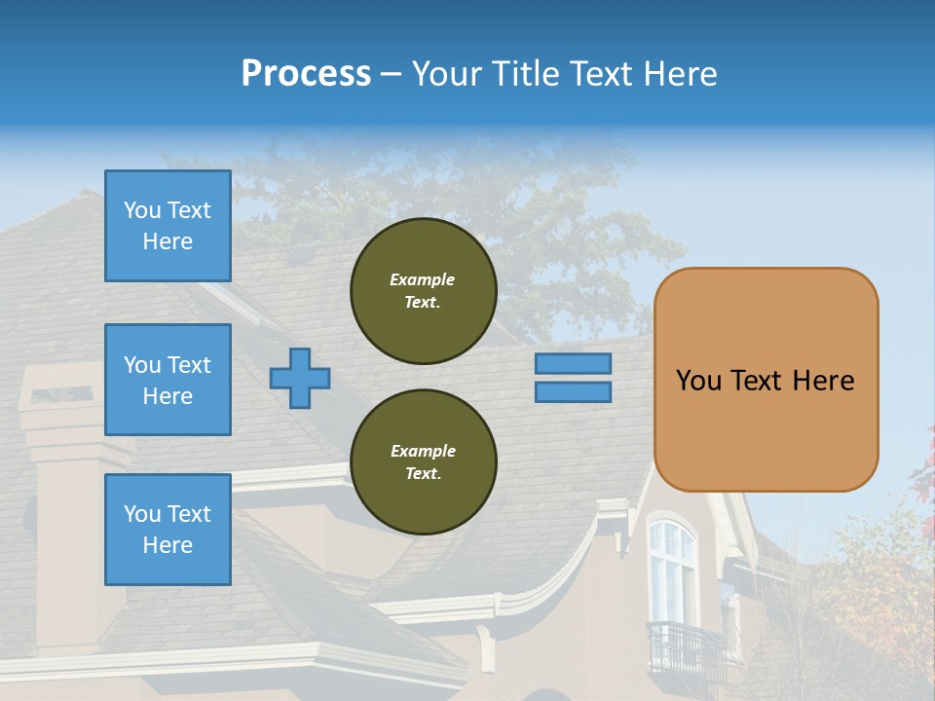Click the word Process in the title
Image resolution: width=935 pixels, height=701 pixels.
tap(306, 74)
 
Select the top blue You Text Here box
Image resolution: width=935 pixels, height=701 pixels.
tap(168, 226)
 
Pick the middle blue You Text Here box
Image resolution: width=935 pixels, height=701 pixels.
tap(168, 380)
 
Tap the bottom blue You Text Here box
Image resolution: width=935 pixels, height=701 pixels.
tap(168, 530)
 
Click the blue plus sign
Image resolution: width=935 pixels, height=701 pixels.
tap(300, 378)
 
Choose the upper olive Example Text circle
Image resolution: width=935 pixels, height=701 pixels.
tap(423, 291)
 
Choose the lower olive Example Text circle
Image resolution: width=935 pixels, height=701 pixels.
tap(423, 462)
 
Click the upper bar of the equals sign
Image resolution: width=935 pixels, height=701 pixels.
tap(573, 364)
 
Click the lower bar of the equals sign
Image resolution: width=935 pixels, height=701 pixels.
tap(573, 391)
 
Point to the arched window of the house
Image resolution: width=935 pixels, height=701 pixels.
tap(672, 570)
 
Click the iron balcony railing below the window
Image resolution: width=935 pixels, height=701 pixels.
tap(686, 648)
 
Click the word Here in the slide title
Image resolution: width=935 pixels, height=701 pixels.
tap(678, 74)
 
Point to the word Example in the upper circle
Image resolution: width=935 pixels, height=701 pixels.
tap(423, 279)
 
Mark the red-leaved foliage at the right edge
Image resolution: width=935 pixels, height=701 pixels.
tap(922, 467)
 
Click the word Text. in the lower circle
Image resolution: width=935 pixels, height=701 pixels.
tap(423, 474)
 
